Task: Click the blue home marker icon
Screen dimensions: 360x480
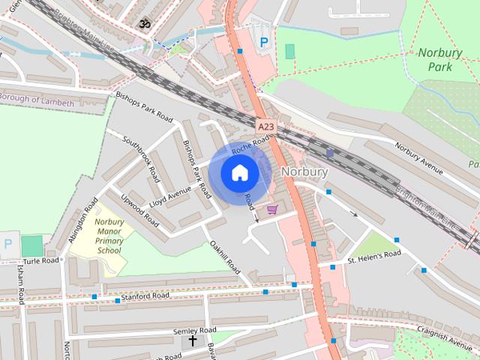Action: [239, 173]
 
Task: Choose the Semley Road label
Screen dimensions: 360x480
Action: [194, 330]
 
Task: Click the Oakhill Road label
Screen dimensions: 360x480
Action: [224, 256]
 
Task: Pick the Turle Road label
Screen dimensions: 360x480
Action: [40, 261]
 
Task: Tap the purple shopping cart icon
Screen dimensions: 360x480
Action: [272, 208]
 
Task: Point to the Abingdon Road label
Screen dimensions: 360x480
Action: [83, 218]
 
